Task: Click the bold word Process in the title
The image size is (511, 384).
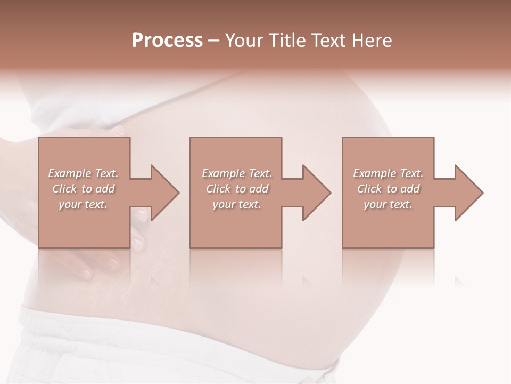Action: pyautogui.click(x=167, y=40)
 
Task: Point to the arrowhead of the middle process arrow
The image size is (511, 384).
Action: pyautogui.click(x=316, y=193)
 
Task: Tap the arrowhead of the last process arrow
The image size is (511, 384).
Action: pyautogui.click(x=468, y=193)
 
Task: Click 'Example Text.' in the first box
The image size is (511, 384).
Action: pyautogui.click(x=83, y=173)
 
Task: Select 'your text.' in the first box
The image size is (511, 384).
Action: pyautogui.click(x=83, y=204)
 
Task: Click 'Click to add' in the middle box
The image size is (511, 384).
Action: pyautogui.click(x=237, y=189)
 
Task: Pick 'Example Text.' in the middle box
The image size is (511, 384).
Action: pyautogui.click(x=237, y=173)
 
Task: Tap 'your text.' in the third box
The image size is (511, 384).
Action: pyautogui.click(x=388, y=204)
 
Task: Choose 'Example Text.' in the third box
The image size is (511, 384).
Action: pyautogui.click(x=388, y=173)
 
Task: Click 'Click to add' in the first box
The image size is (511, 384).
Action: pyautogui.click(x=83, y=189)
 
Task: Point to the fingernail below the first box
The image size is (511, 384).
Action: pyautogui.click(x=113, y=262)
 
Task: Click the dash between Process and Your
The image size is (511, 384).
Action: pyautogui.click(x=214, y=41)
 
